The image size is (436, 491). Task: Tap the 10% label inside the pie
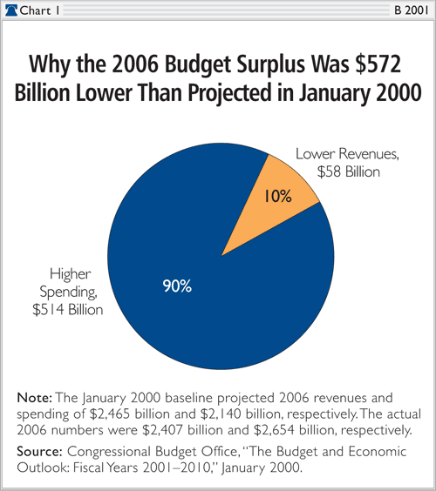tap(278, 197)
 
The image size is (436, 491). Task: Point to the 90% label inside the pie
tap(177, 286)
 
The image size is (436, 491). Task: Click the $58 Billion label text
tap(348, 172)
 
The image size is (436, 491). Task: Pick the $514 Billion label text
tap(68, 310)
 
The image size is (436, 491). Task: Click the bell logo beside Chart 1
tap(11, 10)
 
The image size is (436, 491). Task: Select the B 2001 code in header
tap(412, 10)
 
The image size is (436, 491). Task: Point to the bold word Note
tap(35, 398)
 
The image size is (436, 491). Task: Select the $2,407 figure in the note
tap(162, 430)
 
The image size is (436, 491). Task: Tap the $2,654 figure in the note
tap(274, 430)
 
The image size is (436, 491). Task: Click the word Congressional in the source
tap(110, 452)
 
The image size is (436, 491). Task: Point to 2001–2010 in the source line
tap(177, 467)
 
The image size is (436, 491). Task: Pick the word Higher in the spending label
tap(71, 274)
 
